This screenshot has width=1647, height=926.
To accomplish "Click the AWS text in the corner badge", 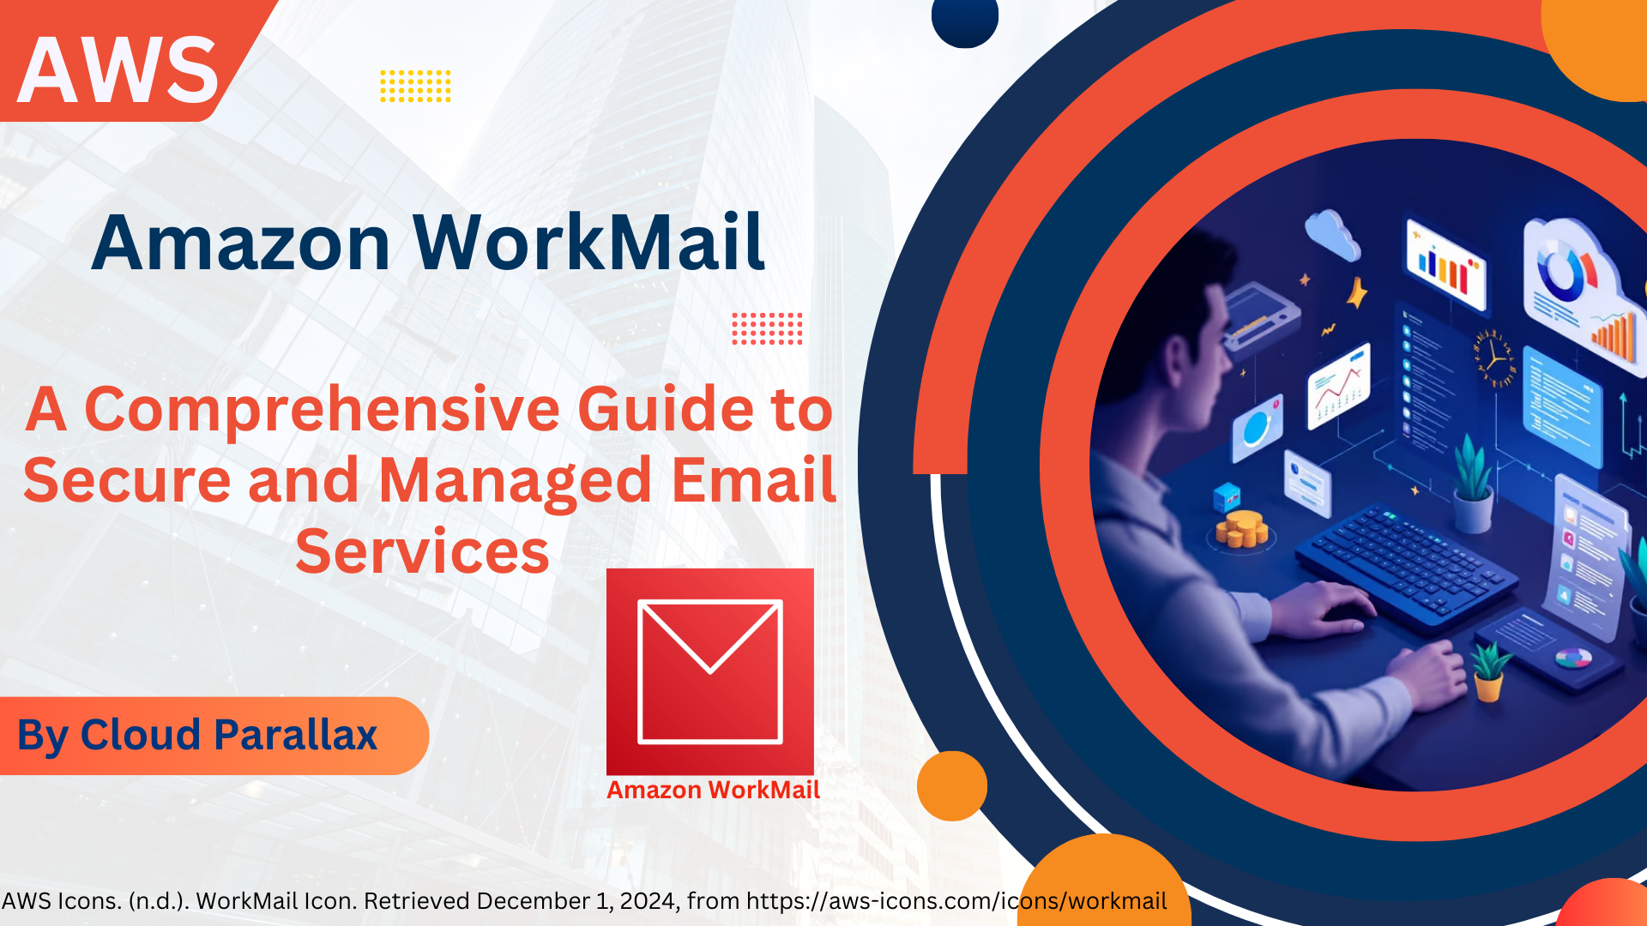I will (x=118, y=70).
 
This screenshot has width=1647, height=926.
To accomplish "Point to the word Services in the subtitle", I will (x=422, y=551).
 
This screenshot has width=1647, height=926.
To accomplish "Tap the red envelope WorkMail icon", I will (x=709, y=671).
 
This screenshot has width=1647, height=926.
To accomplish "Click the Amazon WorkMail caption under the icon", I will (x=713, y=790).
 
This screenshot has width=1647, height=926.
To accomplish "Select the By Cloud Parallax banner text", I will (x=197, y=735).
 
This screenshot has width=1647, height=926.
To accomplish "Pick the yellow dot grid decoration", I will (x=415, y=86).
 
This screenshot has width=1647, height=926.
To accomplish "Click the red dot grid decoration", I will (x=767, y=328).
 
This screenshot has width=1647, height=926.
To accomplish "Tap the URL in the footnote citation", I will (x=956, y=901).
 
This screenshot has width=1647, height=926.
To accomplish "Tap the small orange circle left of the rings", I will (x=952, y=785).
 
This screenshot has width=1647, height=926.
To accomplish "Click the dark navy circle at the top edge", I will (x=965, y=19).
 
